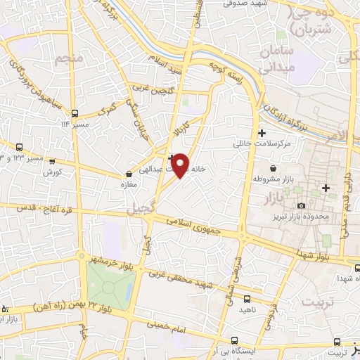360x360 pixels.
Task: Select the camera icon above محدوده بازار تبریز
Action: pos(302,205)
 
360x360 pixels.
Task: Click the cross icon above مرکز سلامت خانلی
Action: pos(262,133)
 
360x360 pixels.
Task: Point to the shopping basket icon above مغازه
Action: pos(128,174)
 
